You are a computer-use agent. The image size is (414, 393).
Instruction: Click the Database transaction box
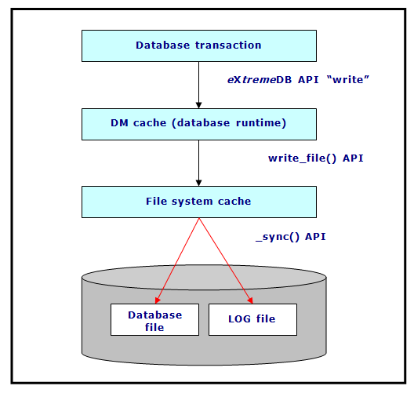click(199, 46)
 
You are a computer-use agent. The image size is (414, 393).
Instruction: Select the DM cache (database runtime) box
click(199, 124)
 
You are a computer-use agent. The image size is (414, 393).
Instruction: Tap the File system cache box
click(199, 202)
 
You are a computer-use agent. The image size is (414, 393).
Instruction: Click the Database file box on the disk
click(154, 319)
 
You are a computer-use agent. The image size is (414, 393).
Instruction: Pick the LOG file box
click(252, 319)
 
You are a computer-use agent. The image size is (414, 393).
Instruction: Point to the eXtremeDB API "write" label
click(298, 79)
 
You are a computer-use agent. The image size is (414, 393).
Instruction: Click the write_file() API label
click(316, 158)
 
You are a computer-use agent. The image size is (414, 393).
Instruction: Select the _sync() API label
click(291, 237)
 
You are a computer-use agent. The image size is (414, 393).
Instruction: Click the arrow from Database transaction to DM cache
click(199, 85)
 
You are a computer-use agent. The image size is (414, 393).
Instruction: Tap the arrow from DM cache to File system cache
click(199, 163)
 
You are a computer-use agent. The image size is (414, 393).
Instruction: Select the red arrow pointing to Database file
click(177, 260)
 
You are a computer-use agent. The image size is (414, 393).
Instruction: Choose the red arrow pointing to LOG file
click(226, 260)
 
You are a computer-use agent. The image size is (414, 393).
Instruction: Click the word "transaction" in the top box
click(228, 45)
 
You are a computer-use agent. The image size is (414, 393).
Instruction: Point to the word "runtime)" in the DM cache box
click(261, 123)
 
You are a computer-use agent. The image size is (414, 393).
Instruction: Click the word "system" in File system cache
click(192, 202)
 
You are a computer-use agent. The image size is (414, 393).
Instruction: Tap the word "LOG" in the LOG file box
click(239, 319)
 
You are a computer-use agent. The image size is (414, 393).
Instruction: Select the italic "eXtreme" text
click(252, 79)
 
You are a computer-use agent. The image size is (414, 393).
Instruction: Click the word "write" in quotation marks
click(347, 79)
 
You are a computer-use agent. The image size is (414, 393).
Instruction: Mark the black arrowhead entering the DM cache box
click(199, 105)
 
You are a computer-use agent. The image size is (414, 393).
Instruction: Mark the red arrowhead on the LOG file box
click(251, 300)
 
